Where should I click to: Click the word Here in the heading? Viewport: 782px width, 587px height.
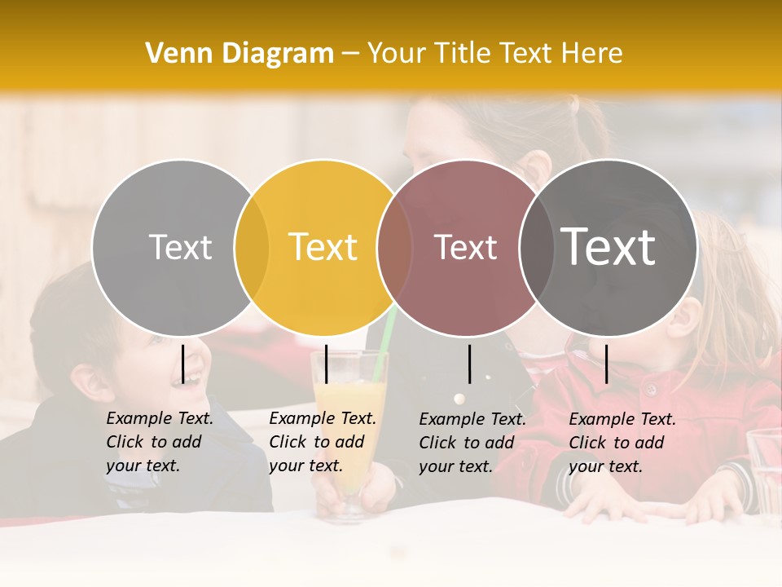click(x=594, y=54)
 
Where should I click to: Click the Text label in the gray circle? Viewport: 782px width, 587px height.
click(x=180, y=247)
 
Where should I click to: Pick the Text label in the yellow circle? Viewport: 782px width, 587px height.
click(x=323, y=247)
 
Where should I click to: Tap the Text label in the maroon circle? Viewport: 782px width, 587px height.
click(x=465, y=247)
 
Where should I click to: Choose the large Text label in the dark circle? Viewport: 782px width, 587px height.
click(x=608, y=247)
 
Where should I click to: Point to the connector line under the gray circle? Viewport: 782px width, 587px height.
click(x=183, y=364)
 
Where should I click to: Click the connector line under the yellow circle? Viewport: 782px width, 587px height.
click(x=326, y=364)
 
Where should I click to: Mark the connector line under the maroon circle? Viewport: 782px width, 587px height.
click(x=470, y=364)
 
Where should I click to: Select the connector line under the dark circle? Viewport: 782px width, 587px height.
click(x=607, y=364)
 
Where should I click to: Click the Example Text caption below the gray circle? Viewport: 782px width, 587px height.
click(x=159, y=442)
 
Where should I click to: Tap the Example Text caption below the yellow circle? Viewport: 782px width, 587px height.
click(x=322, y=442)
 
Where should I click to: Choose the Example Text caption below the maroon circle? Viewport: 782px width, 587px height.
click(x=472, y=443)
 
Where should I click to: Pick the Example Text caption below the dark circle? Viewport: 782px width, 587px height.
click(x=622, y=443)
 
